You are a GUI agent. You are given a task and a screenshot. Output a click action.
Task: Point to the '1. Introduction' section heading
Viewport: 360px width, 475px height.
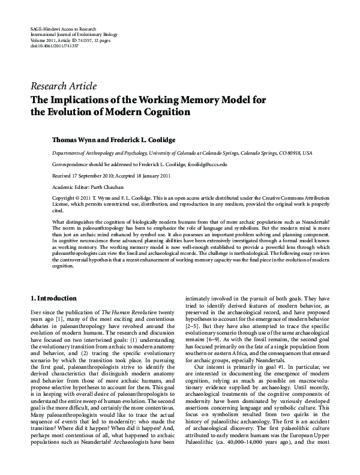(x=53, y=298)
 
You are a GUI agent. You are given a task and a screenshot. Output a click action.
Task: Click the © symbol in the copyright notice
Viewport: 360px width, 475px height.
(x=77, y=197)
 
